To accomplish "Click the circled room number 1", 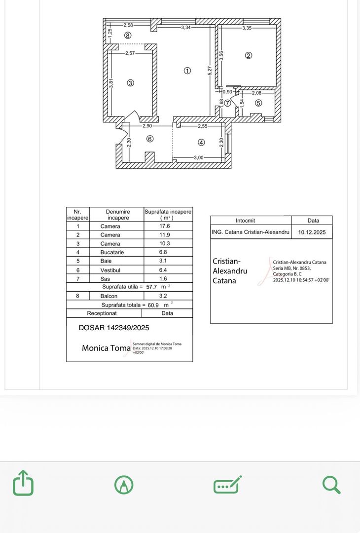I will click(x=187, y=71).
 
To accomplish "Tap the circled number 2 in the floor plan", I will click(x=249, y=56).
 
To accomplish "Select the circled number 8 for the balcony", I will click(x=128, y=36).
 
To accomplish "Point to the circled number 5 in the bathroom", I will click(x=258, y=103).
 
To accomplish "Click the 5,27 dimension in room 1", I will click(x=210, y=71).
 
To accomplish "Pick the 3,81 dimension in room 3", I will click(x=111, y=84).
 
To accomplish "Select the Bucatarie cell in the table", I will click(x=112, y=252).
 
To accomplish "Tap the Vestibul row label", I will click(x=110, y=270).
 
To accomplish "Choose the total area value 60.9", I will click(x=154, y=305).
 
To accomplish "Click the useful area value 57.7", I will click(x=154, y=287).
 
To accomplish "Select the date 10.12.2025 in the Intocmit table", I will click(x=312, y=232).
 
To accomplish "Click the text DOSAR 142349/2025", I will click(x=114, y=327).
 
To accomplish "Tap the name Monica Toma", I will click(x=106, y=348).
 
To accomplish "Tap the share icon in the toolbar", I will click(x=23, y=483).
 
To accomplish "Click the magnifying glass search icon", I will click(x=331, y=485).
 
